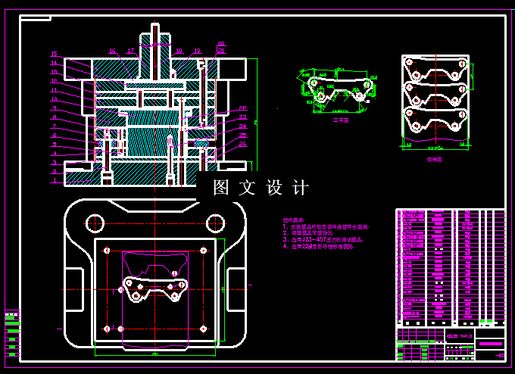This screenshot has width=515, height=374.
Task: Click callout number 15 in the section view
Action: coord(54,53)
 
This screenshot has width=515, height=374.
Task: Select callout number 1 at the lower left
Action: coord(54,181)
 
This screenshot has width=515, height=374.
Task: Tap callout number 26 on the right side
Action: coord(242,143)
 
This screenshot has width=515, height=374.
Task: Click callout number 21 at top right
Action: coord(220,51)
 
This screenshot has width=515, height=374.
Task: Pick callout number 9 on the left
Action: coord(54,108)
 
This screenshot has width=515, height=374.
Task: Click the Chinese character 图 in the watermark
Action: coord(221,188)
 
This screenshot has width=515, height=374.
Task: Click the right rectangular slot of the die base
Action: coord(235,288)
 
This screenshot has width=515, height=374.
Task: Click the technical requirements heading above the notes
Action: coord(295,219)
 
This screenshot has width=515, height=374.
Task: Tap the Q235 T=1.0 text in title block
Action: coord(459,335)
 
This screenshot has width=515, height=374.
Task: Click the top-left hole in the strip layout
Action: coord(416,74)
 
